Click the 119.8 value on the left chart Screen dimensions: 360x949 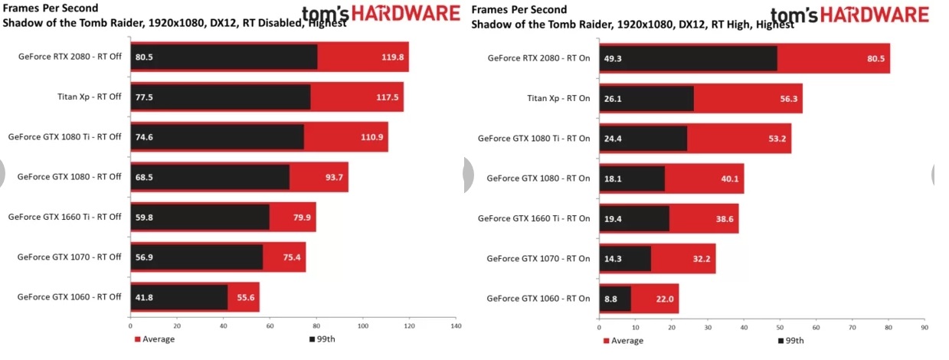pos(391,57)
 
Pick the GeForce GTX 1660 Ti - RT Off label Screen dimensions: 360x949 pos(64,217)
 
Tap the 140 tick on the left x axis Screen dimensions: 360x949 pos(457,326)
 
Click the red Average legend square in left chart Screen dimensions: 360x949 pos(137,339)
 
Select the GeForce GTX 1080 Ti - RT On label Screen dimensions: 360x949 pos(534,139)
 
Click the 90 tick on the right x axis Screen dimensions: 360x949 pos(925,326)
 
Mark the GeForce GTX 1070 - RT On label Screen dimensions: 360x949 pos(538,258)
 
